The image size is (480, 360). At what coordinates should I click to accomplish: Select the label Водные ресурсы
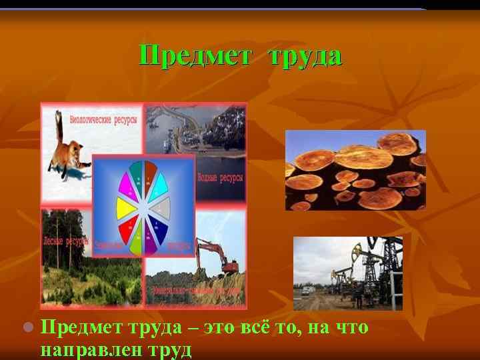(220, 178)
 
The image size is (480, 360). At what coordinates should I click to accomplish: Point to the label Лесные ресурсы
(64, 241)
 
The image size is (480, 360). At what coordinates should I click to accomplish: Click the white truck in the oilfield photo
(305, 290)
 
